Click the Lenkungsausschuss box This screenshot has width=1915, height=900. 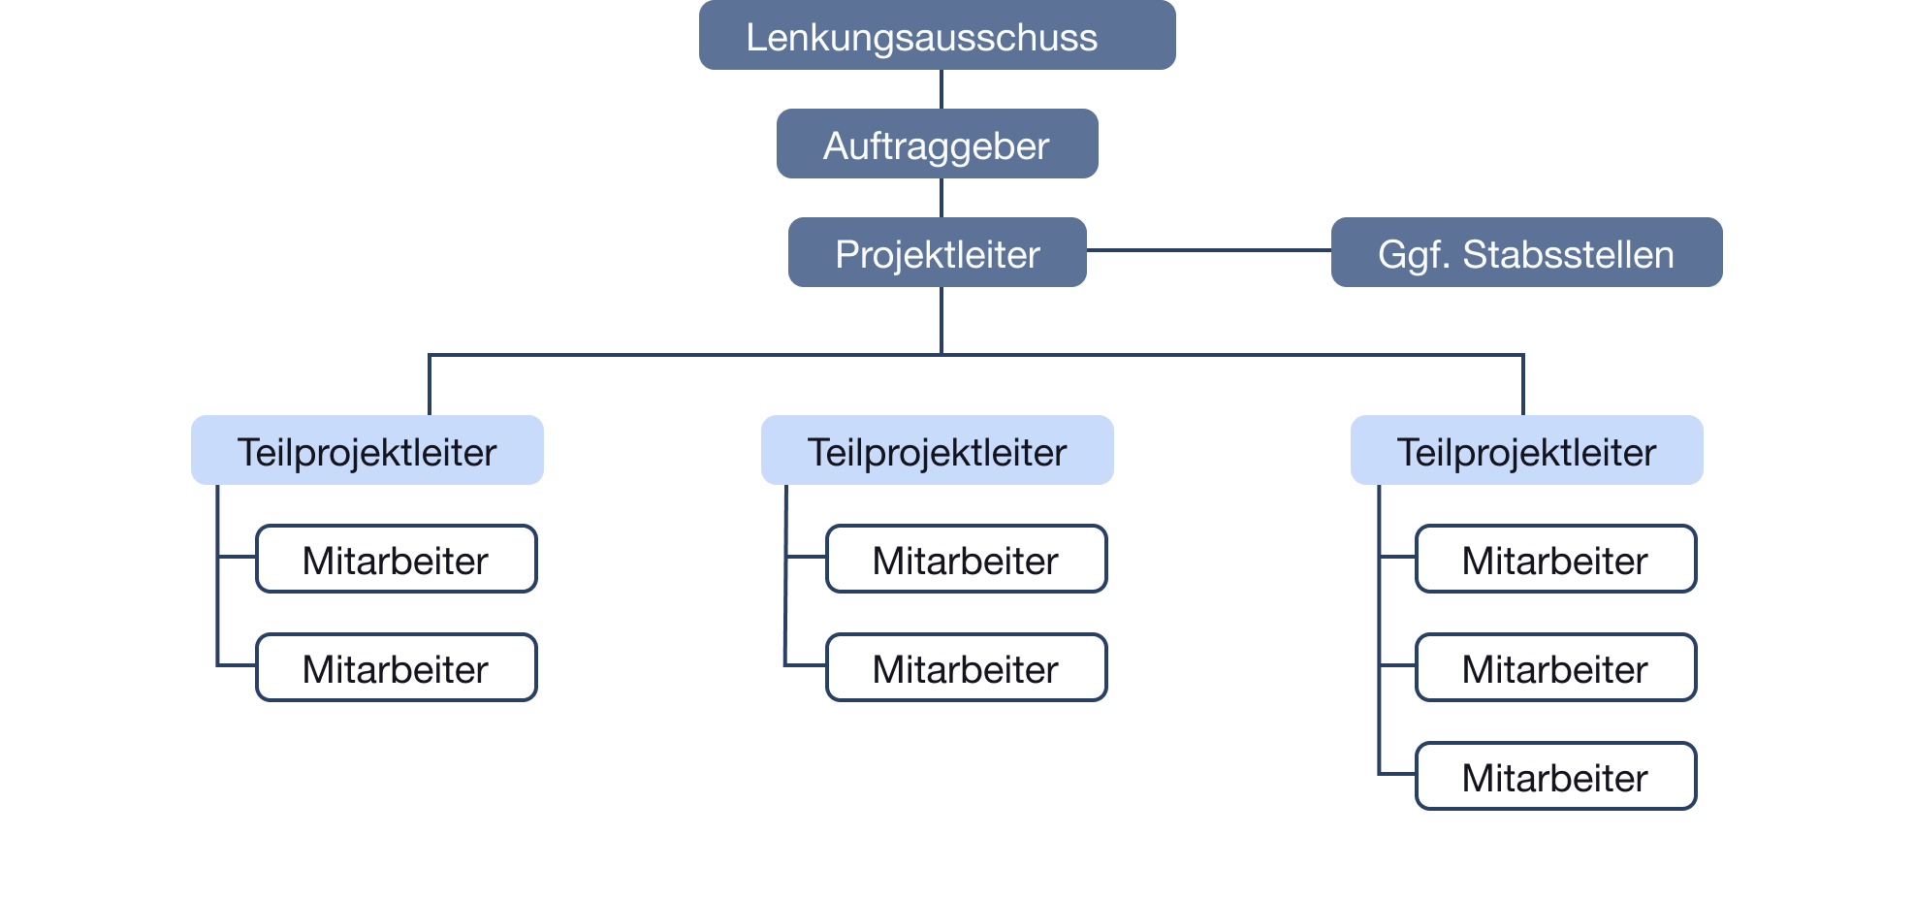[x=937, y=36]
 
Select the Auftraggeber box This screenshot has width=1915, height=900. [x=937, y=145]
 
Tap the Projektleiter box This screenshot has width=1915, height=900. [x=937, y=253]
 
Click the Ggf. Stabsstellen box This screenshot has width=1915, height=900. [x=1525, y=253]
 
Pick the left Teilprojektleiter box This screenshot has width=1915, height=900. [x=367, y=451]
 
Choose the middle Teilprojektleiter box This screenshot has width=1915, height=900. [x=937, y=451]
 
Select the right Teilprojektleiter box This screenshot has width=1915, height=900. [x=1526, y=451]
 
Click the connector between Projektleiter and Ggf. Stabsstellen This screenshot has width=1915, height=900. [x=1208, y=250]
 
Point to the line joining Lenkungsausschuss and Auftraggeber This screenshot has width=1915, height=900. [x=942, y=89]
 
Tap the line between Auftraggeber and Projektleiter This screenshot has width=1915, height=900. [x=942, y=198]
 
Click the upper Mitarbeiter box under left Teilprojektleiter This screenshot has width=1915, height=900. [x=396, y=560]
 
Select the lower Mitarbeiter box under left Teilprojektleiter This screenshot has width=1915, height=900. [x=396, y=668]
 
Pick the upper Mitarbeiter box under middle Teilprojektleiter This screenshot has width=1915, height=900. [x=966, y=560]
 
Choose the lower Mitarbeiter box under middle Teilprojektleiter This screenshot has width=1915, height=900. [x=966, y=668]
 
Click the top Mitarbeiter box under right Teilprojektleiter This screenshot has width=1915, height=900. [x=1555, y=560]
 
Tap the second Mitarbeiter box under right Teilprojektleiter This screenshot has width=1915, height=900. [x=1555, y=668]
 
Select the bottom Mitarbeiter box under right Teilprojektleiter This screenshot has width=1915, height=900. [x=1555, y=776]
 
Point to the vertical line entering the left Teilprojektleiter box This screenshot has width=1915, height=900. [x=430, y=386]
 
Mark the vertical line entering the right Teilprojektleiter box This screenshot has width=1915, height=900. [x=1523, y=386]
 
